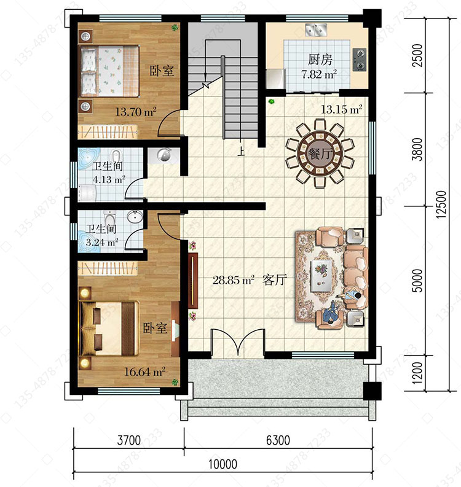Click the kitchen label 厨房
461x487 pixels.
[320, 60]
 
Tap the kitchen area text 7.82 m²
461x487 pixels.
[319, 74]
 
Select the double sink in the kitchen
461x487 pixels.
[315, 29]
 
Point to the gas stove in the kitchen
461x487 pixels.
[360, 60]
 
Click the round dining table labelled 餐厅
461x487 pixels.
[320, 154]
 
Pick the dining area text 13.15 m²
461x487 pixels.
[341, 109]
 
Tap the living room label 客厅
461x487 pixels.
[274, 280]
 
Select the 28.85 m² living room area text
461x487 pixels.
[234, 280]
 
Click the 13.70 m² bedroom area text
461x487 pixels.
[135, 112]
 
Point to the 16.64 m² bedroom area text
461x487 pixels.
[144, 372]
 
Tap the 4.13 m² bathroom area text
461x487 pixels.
[109, 179]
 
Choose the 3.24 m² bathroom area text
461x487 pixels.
[102, 242]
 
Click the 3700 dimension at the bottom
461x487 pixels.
[128, 440]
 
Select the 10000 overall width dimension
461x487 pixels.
[223, 464]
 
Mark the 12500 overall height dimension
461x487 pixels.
[442, 205]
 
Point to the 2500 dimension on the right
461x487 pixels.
[418, 55]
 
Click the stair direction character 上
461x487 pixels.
[241, 151]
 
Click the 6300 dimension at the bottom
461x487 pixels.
[278, 440]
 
